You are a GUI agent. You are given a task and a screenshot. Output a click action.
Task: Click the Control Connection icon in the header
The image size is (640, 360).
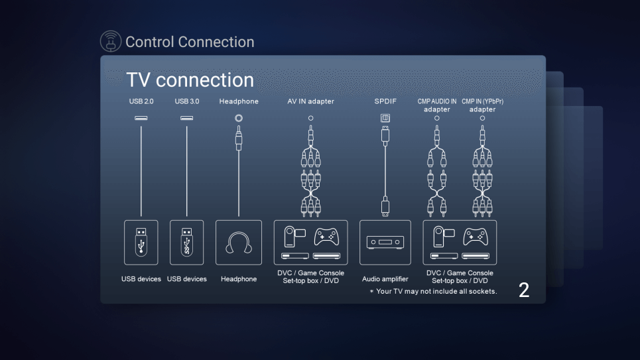(x=111, y=42)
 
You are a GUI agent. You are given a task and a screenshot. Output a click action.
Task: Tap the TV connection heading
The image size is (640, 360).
(x=190, y=80)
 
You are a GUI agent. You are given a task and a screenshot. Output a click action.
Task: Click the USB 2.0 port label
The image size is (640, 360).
(x=141, y=101)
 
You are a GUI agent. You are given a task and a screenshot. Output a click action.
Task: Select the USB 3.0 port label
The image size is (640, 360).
(x=187, y=101)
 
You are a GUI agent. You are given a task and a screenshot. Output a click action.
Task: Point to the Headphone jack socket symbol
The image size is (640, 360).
(x=239, y=117)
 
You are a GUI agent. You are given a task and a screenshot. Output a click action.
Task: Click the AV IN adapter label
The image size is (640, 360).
(x=310, y=101)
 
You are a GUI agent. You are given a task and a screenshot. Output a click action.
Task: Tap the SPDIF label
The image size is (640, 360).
(x=385, y=101)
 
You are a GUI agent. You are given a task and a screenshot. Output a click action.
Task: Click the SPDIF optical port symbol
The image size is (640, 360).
(x=385, y=118)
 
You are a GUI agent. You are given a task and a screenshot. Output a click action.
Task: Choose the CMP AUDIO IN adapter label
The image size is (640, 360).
(x=436, y=105)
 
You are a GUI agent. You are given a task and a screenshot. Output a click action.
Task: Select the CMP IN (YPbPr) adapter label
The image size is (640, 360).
(x=482, y=105)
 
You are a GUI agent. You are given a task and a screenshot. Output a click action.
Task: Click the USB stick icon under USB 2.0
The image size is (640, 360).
(x=141, y=242)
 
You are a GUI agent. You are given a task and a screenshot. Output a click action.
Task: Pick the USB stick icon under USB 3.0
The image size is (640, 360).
(x=187, y=242)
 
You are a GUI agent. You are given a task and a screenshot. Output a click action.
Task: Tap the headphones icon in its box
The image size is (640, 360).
(x=239, y=243)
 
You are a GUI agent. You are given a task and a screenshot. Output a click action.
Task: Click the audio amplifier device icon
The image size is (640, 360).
(x=385, y=243)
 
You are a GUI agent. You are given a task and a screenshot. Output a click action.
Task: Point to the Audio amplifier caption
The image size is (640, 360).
(x=385, y=279)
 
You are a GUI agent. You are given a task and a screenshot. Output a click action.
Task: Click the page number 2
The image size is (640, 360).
(x=524, y=290)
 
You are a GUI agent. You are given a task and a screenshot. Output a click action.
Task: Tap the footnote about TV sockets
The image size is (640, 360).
(x=433, y=291)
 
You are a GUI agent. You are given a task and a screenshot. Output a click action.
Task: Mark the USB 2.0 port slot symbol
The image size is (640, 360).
(x=141, y=118)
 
